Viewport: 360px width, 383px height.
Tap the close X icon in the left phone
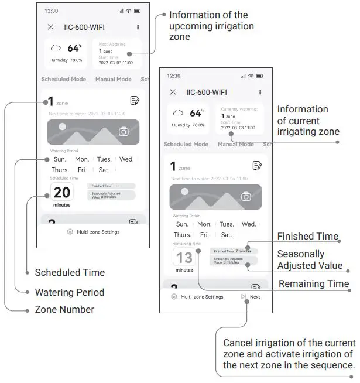(x=51, y=27)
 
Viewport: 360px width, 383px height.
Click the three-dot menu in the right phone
(x=260, y=92)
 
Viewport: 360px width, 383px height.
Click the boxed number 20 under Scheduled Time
(x=62, y=191)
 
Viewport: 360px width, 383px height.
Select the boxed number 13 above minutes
(x=184, y=257)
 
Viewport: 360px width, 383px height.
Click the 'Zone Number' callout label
(x=64, y=309)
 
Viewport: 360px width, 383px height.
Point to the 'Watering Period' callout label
(x=69, y=292)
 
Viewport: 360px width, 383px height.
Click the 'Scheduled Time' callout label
(x=70, y=272)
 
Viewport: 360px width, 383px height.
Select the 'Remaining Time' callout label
(x=313, y=284)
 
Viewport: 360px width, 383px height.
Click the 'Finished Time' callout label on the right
(x=307, y=237)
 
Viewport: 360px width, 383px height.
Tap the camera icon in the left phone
(x=124, y=131)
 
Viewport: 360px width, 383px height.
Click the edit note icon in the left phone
(x=135, y=101)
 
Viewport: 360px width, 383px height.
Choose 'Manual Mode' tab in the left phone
(x=113, y=79)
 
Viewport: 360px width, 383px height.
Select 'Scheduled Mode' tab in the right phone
(x=186, y=144)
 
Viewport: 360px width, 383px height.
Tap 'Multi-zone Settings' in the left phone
(x=93, y=232)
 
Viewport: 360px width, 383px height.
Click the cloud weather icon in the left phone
(x=56, y=48)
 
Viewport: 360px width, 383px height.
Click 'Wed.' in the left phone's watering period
(x=126, y=159)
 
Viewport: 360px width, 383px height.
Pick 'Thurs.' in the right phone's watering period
(x=183, y=235)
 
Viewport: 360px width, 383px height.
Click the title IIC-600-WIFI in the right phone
(x=207, y=92)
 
